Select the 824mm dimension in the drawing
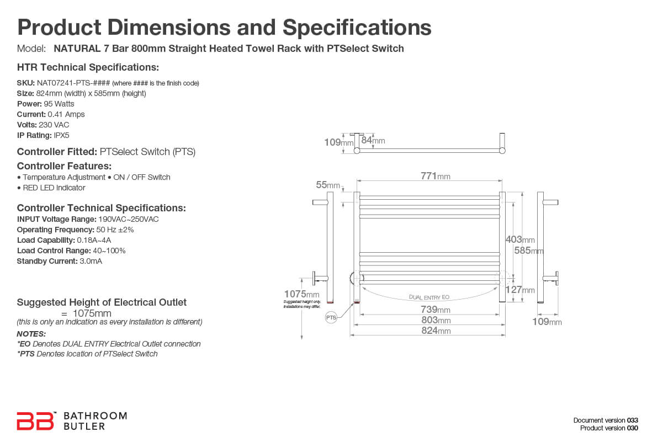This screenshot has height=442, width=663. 436,331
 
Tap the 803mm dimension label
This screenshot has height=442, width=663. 436,320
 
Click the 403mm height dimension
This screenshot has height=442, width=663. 520,239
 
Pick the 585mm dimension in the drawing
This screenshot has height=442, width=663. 529,251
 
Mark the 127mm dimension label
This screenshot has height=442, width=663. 520,290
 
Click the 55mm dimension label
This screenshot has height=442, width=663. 328,185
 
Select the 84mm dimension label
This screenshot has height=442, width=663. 373,141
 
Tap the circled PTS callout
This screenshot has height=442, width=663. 331,318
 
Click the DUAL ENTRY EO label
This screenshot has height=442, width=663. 429,297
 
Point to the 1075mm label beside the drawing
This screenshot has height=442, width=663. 301,294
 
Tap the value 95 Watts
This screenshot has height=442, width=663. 59,104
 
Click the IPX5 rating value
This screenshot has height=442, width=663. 62,135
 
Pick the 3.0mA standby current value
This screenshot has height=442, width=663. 91,261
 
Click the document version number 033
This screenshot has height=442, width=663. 633,420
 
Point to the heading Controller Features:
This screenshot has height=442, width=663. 65,166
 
